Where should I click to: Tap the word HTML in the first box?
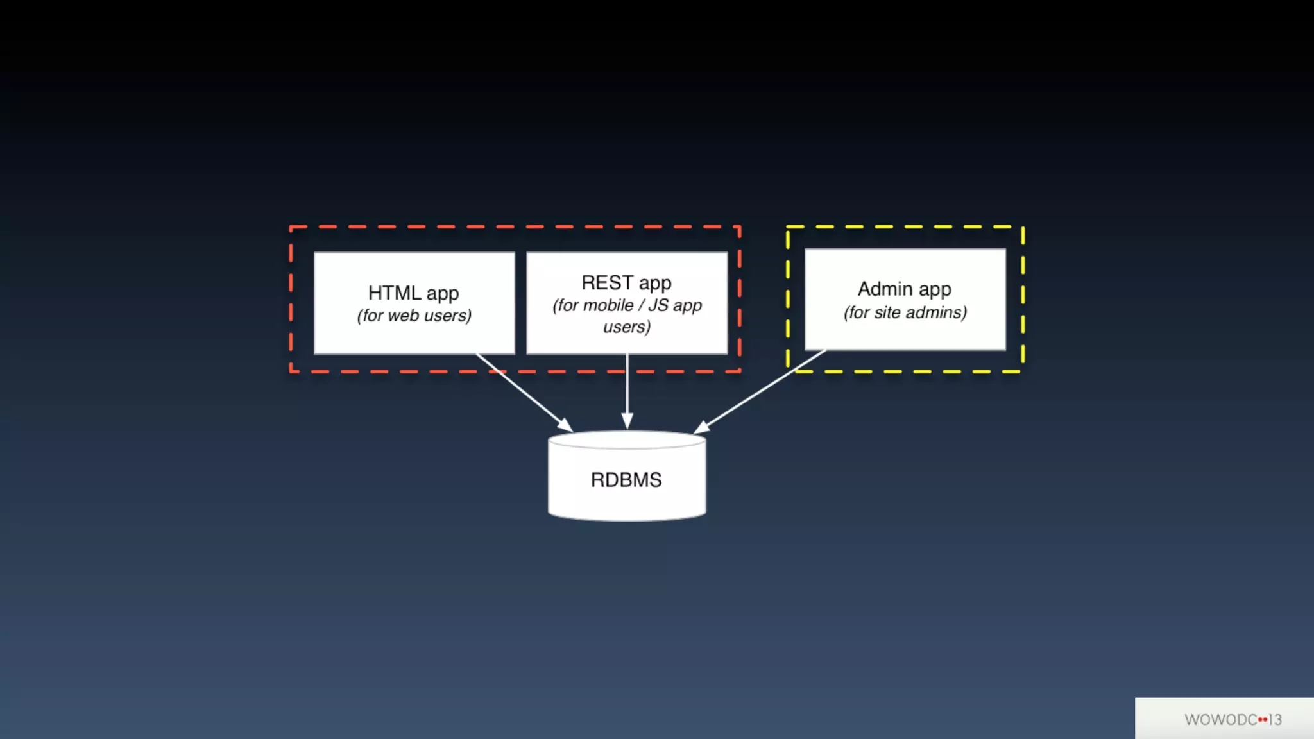point(394,293)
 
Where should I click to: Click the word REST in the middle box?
point(607,283)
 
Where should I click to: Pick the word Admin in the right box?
point(885,289)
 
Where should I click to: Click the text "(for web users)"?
point(414,316)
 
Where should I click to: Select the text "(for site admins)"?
point(905,312)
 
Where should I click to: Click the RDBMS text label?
point(626,480)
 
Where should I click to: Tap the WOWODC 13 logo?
point(1233,719)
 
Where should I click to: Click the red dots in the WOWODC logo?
point(1262,719)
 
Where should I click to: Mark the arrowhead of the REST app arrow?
point(627,421)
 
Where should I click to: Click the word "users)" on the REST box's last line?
point(627,327)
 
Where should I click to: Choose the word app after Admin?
point(934,290)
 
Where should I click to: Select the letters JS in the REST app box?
point(658,305)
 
